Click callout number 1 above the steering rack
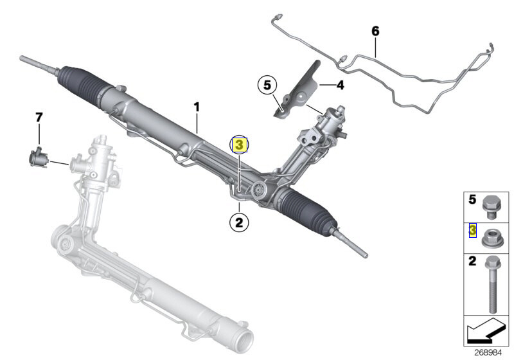(x=197, y=105)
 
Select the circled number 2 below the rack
(x=238, y=222)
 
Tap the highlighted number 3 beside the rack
(x=239, y=145)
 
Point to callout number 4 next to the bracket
(x=341, y=84)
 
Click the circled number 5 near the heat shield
(x=267, y=84)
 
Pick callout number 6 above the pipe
(x=376, y=31)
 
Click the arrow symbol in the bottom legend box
(x=485, y=330)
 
